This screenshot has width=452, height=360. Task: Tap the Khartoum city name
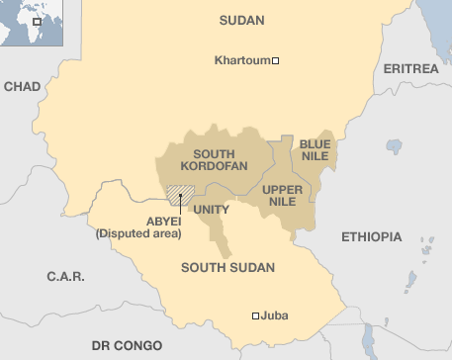click(x=241, y=61)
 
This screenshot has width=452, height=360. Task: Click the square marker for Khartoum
click(x=276, y=61)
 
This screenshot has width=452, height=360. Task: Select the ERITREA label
click(x=409, y=68)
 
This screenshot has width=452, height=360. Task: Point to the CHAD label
click(x=22, y=87)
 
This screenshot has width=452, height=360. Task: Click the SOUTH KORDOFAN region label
click(x=221, y=160)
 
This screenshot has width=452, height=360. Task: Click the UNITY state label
click(x=212, y=210)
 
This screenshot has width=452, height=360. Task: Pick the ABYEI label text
click(x=136, y=221)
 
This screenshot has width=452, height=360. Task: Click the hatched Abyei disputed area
click(x=179, y=195)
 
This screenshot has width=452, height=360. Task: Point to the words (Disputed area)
click(x=138, y=234)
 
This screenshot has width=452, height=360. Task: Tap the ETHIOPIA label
click(x=371, y=237)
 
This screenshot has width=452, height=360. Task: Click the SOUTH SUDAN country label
click(x=227, y=267)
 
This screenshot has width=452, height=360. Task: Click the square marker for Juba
click(x=255, y=315)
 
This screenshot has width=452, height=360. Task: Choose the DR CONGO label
click(x=127, y=345)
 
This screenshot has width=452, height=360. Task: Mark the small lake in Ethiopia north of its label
click(x=394, y=146)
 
